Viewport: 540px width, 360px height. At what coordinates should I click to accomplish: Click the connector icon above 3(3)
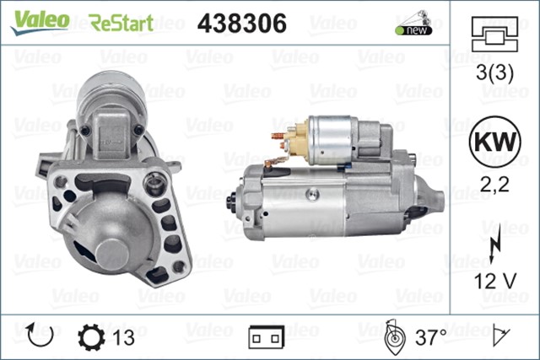coord(493,37)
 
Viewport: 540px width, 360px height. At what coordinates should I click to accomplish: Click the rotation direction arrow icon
coord(40,336)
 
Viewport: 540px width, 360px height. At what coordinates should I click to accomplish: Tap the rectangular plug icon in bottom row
coord(267,337)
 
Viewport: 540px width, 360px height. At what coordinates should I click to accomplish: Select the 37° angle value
coord(429,337)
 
